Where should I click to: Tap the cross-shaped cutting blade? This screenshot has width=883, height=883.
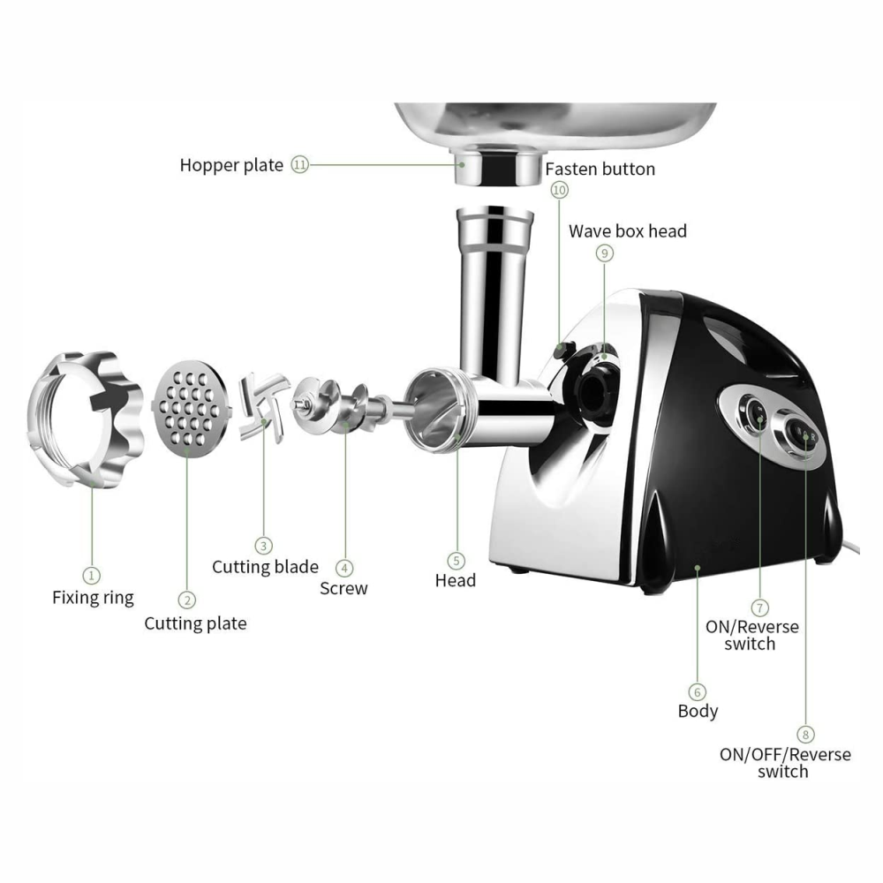point(263,402)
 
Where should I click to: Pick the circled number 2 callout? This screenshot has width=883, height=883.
point(187,600)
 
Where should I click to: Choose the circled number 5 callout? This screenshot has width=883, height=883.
point(457,560)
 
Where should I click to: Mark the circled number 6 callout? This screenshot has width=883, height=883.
point(698,691)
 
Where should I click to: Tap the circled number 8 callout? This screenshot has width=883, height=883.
point(805,734)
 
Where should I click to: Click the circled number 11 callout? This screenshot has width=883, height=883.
point(300,165)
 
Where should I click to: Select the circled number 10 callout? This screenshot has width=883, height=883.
point(559,190)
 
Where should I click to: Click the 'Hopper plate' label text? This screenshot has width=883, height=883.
point(231,165)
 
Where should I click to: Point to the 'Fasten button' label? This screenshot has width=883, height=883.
point(600,169)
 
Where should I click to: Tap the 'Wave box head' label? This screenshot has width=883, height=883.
point(627,231)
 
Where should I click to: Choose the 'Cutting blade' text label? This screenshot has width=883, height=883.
point(265,566)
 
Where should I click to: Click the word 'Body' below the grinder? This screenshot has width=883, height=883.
point(698,711)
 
